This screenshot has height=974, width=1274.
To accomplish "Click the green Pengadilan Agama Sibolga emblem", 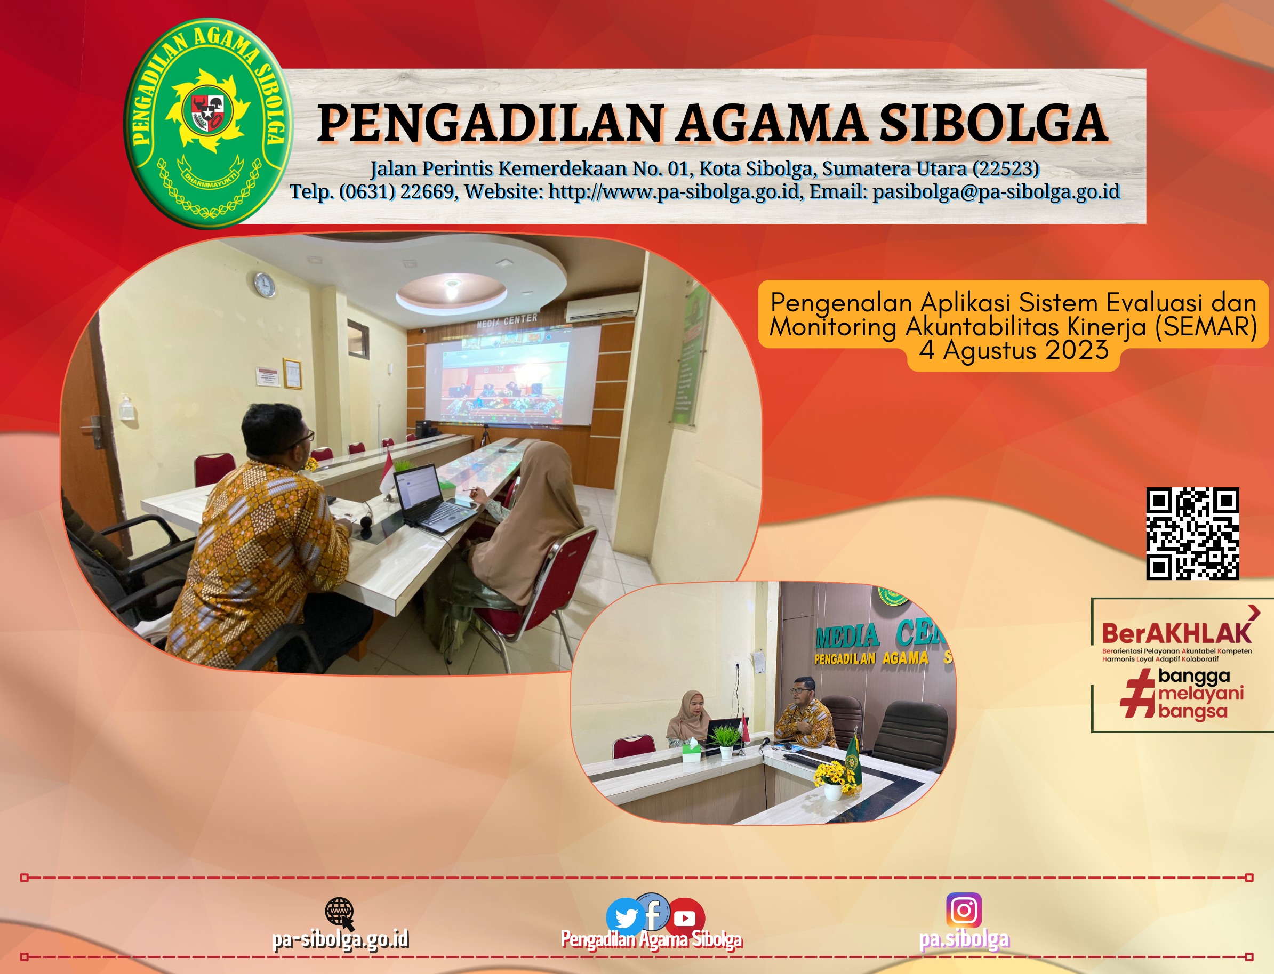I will pyautogui.click(x=207, y=123).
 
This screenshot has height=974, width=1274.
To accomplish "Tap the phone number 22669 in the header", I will pyautogui.click(x=427, y=191).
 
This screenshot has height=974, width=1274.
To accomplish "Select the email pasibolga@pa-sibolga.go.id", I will pyautogui.click(x=996, y=191).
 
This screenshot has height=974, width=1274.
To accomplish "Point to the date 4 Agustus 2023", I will pyautogui.click(x=1013, y=350).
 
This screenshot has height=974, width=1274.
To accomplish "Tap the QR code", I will pyautogui.click(x=1192, y=533).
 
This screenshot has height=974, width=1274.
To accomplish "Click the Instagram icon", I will pyautogui.click(x=963, y=909).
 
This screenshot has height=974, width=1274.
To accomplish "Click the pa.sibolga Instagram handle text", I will pyautogui.click(x=964, y=939).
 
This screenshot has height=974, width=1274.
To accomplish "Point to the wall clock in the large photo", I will pyautogui.click(x=265, y=284).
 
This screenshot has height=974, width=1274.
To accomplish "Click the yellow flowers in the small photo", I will pyautogui.click(x=835, y=776).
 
